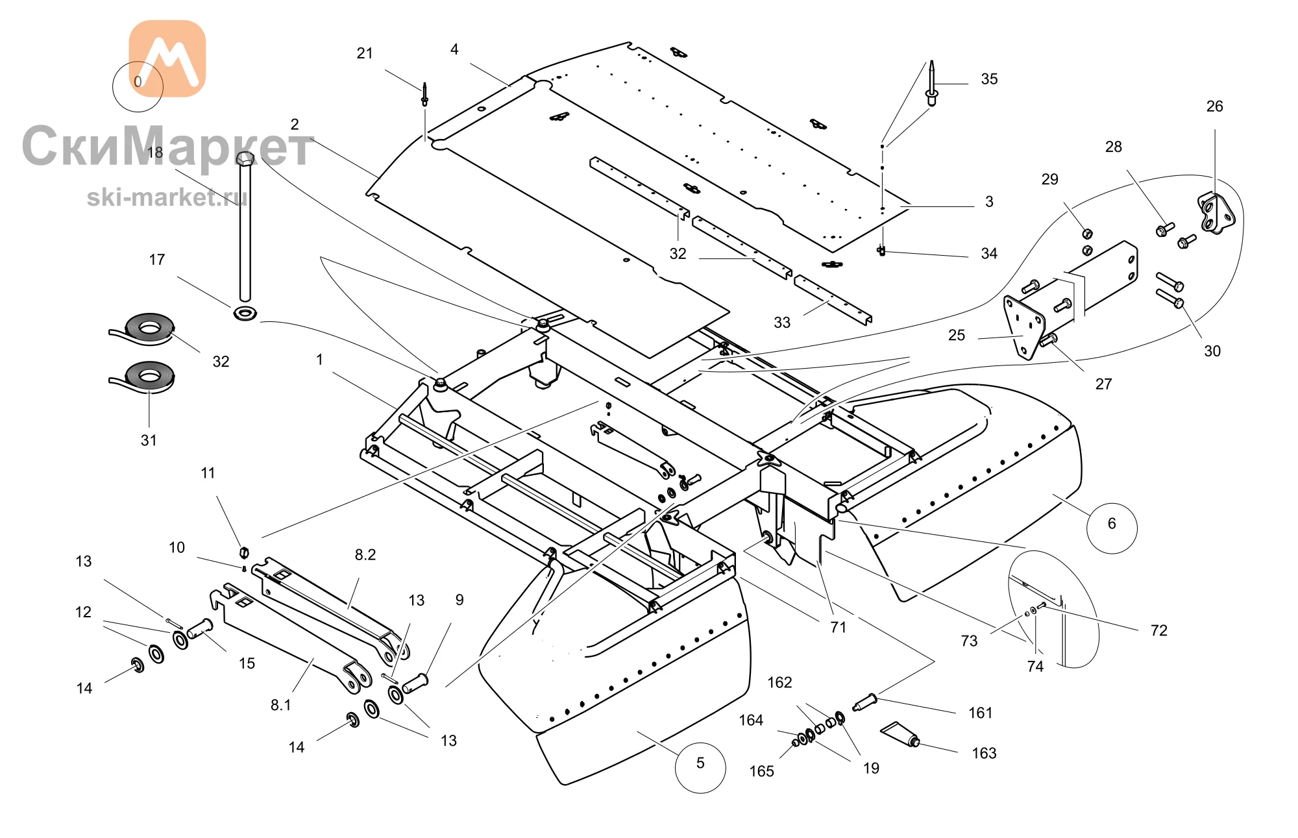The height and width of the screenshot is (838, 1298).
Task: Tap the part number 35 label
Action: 989,79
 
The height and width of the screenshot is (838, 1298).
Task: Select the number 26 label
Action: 1214,106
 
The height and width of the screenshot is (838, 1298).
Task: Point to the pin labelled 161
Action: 865,702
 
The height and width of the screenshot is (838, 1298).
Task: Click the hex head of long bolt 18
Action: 245,158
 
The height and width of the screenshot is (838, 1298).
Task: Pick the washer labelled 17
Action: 245,314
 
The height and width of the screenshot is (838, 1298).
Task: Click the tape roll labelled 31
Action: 143,376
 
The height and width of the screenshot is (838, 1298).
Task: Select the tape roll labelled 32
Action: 143,328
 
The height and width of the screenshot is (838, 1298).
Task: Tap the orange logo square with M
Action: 167,58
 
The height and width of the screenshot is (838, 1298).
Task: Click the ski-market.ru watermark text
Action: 167,197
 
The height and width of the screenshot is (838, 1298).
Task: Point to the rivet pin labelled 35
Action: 932,84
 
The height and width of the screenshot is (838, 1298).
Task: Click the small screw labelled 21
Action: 424,94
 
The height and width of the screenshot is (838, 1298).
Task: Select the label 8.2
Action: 365,555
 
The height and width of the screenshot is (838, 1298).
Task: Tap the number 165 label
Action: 762,771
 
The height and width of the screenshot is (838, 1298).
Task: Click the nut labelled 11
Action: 245,552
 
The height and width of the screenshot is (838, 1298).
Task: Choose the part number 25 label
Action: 957,336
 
